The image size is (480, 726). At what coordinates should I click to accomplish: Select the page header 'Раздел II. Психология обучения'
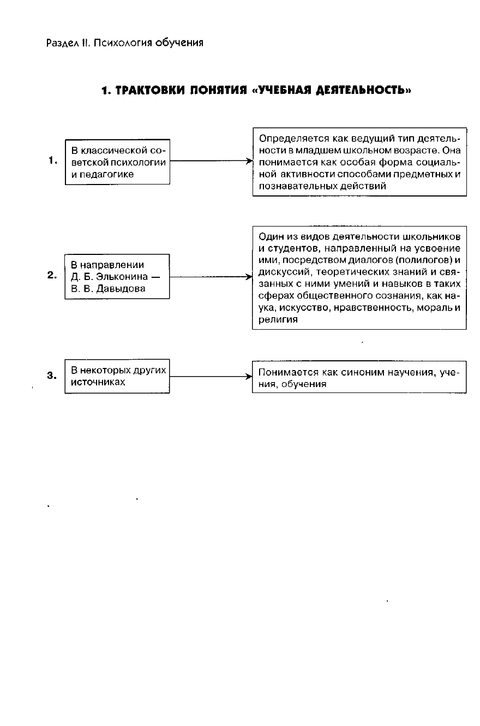(125, 43)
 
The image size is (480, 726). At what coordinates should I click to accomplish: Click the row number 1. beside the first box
(53, 160)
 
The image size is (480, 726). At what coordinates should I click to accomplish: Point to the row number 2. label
(52, 276)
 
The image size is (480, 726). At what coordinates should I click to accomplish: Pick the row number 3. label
(52, 376)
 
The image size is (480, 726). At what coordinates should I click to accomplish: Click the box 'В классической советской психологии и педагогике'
(117, 162)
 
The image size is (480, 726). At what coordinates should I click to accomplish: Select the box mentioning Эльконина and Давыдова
(117, 277)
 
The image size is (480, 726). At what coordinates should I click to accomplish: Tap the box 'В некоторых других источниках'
(117, 376)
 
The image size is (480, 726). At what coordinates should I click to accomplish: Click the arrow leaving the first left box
(211, 162)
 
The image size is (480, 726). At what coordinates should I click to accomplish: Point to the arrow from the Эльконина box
(211, 277)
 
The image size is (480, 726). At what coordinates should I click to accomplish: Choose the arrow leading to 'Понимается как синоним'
(211, 376)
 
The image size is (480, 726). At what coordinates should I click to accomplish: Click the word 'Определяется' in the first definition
(287, 139)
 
